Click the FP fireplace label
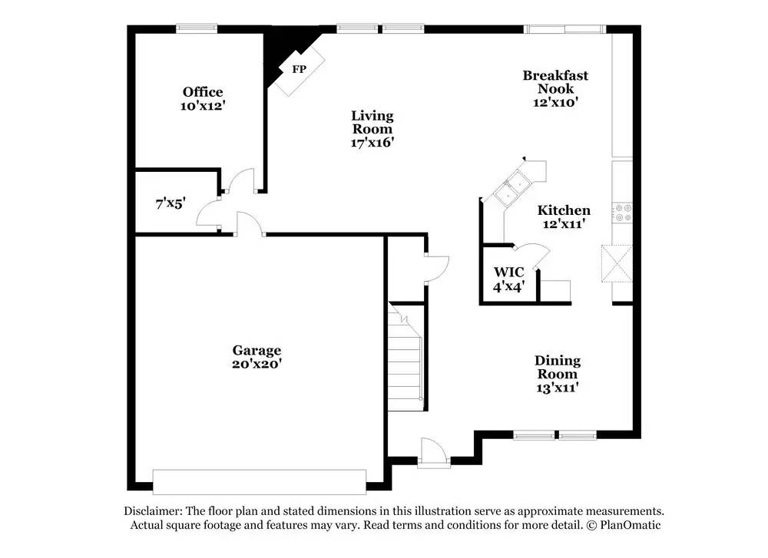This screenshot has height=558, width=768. [x=298, y=69]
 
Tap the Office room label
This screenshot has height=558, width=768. [x=203, y=92]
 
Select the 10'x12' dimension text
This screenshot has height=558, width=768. [x=203, y=106]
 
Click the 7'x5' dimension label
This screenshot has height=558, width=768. [x=170, y=203]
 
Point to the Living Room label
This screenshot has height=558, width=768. [x=372, y=123]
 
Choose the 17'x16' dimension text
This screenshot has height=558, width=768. [x=372, y=142]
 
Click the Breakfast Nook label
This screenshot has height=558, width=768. [x=555, y=81]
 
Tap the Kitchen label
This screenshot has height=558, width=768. [x=564, y=210]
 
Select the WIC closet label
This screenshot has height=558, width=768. [x=508, y=272]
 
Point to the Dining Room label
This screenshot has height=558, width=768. [x=558, y=367]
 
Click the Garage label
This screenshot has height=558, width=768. [x=257, y=351]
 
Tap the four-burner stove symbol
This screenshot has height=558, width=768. [x=621, y=212]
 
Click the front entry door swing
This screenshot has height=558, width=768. [x=432, y=451]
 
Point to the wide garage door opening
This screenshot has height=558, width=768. [x=260, y=482]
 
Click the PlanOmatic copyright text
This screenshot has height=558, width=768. [x=623, y=525]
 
